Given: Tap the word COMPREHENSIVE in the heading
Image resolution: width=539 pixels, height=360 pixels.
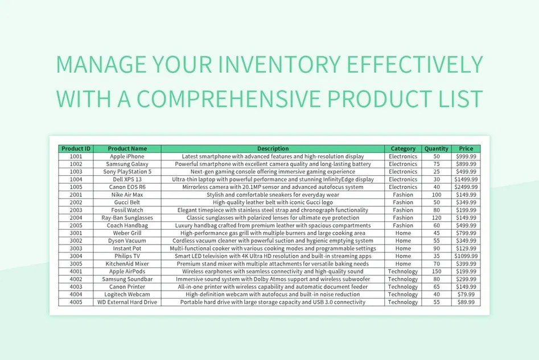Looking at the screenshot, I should (x=253, y=98).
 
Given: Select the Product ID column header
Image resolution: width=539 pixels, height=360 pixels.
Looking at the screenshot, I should (x=76, y=149).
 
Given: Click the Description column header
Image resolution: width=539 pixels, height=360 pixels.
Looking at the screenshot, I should (x=273, y=149).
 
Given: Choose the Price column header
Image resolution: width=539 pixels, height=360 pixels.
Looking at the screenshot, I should (x=466, y=149).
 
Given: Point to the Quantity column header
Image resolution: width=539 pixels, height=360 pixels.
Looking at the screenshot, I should (x=437, y=149).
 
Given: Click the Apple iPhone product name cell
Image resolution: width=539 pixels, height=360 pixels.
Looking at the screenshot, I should (x=127, y=156).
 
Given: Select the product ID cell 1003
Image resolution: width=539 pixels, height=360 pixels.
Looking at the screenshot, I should (x=76, y=172).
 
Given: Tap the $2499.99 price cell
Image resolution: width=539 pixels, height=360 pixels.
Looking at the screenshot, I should (x=466, y=187).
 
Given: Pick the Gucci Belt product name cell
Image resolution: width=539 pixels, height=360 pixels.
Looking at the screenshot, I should (x=127, y=202).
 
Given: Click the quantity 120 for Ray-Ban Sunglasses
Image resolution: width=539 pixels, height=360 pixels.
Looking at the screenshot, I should (x=437, y=218).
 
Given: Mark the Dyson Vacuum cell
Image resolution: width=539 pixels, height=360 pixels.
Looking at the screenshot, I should (x=127, y=241).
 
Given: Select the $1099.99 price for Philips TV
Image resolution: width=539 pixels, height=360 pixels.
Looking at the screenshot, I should (x=466, y=256).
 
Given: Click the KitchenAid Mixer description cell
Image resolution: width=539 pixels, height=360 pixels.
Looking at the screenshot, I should (x=273, y=264).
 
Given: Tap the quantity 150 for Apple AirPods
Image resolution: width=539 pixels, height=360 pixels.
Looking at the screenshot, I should (x=437, y=271).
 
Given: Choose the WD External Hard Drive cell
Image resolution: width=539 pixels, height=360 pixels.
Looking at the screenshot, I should (x=127, y=302).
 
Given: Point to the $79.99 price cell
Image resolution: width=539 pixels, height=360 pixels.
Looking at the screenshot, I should (x=466, y=295).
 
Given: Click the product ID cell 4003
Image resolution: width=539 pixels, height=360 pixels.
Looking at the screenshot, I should (x=76, y=287).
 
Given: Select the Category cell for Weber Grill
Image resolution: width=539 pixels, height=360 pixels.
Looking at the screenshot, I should (x=403, y=233).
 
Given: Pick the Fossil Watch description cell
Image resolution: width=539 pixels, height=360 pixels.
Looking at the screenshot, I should (x=273, y=210).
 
